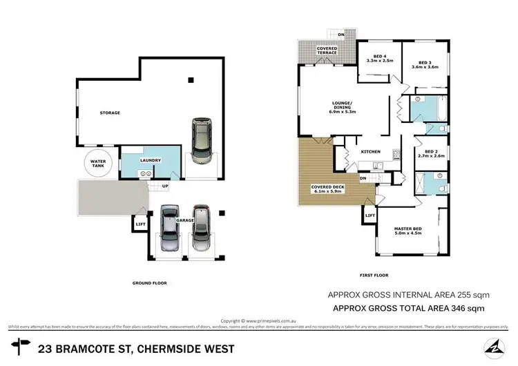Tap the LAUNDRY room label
pos(151,160)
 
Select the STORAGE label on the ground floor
pos(109,113)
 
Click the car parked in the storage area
pos(201,141)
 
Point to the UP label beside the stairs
pos(165,186)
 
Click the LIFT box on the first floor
pos(369,216)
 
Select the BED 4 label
pos(380,57)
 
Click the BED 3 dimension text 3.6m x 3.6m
pos(425,67)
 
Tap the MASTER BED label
pos(407,229)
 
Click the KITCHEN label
pos(371,153)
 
